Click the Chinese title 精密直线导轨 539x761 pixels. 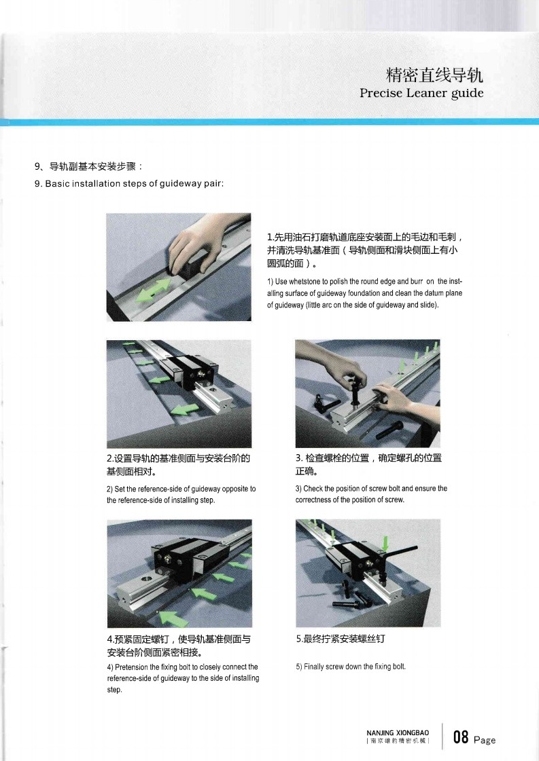[434, 75]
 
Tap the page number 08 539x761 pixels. [461, 737]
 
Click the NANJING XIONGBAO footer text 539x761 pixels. [398, 733]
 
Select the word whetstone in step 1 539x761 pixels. [305, 282]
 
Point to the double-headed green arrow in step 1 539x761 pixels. [153, 290]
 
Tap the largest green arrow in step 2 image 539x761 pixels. [185, 409]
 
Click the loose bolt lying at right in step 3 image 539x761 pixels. [389, 430]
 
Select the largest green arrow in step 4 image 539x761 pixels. [173, 618]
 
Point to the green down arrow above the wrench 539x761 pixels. [385, 542]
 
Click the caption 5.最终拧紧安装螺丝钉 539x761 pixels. [341, 639]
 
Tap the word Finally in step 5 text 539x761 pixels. [314, 667]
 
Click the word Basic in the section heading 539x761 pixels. [58, 183]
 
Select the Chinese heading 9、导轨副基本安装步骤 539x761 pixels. [88, 166]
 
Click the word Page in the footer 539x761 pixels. [485, 740]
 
